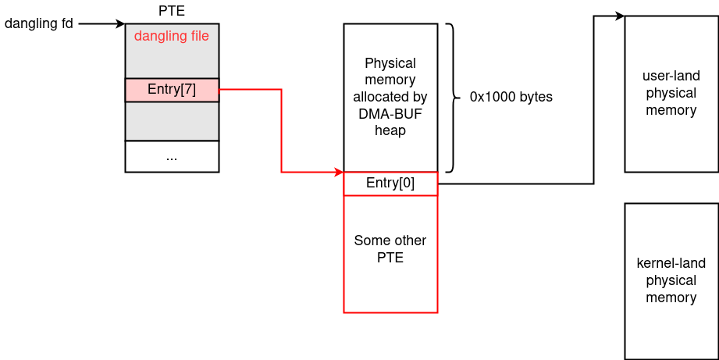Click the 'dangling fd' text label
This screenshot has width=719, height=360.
click(39, 23)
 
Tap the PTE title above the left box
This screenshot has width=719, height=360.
click(171, 10)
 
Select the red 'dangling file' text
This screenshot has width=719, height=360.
click(171, 36)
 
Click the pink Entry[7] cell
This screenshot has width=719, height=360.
click(171, 90)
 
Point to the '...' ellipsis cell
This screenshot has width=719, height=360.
click(171, 156)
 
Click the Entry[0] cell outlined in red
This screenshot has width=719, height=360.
click(390, 184)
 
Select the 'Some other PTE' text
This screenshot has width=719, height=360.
click(390, 248)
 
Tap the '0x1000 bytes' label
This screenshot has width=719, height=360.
click(511, 98)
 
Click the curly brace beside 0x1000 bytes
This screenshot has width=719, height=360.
click(452, 98)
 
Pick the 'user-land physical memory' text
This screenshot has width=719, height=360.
click(671, 93)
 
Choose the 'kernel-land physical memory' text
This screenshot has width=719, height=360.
click(671, 280)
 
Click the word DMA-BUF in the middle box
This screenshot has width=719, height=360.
click(390, 114)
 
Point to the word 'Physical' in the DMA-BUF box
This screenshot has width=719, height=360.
click(390, 63)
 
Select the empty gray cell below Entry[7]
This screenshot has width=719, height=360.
click(171, 121)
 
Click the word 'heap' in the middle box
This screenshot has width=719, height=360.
click(390, 130)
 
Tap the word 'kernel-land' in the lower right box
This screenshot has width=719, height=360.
click(671, 263)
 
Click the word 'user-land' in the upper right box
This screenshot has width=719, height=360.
click(671, 76)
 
